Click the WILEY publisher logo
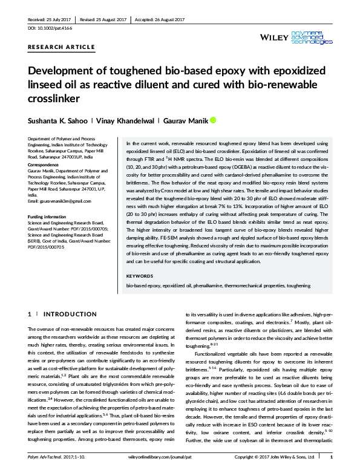coord(273,38)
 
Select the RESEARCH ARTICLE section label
coord(61,47)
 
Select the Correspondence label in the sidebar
coord(46,165)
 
